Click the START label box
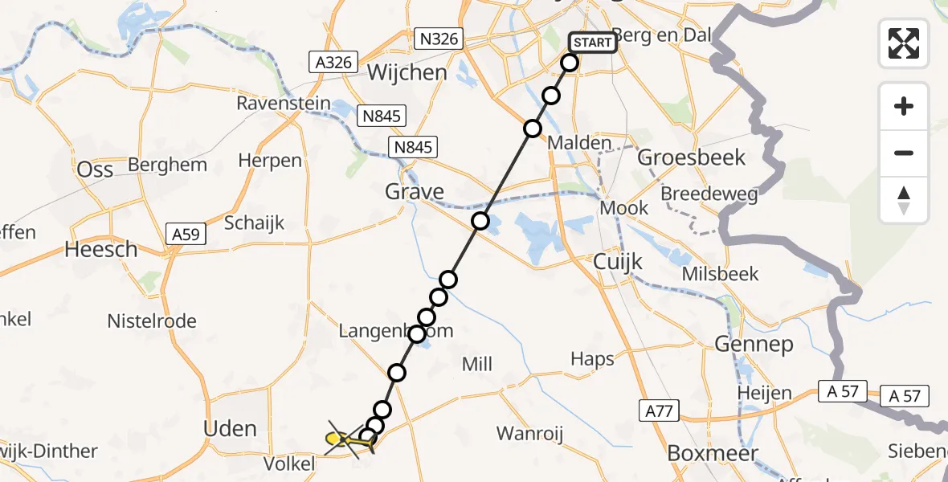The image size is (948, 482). click(593, 42)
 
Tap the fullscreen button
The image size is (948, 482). click(904, 43)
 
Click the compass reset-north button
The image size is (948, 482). click(904, 200)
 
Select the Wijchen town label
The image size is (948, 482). click(407, 72)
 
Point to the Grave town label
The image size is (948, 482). click(415, 192)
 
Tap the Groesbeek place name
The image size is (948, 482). click(692, 157)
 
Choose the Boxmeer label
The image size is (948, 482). click(713, 454)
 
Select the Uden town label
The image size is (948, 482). click(231, 428)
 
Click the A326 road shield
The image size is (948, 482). click(330, 61)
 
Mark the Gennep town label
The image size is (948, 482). click(753, 345)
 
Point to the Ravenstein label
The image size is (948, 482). click(284, 104)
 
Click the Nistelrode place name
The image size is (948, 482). click(152, 321)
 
